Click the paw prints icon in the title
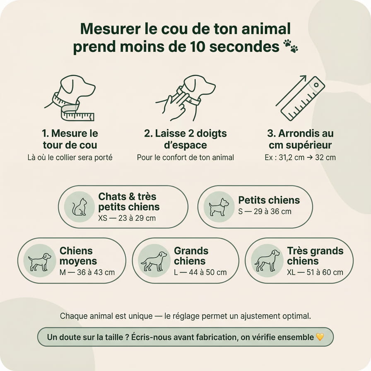pyautogui.click(x=291, y=46)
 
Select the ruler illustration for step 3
pyautogui.click(x=303, y=99)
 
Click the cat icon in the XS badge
pyautogui.click(x=79, y=207)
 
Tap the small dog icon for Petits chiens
pyautogui.click(x=219, y=207)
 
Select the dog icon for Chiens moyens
pyautogui.click(x=40, y=261)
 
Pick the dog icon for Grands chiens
pyautogui.click(x=154, y=261)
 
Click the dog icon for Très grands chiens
pyautogui.click(x=267, y=261)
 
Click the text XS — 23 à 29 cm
pyautogui.click(x=127, y=218)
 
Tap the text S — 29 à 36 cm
pyautogui.click(x=265, y=211)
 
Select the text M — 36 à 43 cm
pyautogui.click(x=87, y=272)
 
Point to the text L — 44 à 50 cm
pyautogui.click(x=200, y=272)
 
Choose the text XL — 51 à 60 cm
pyautogui.click(x=315, y=272)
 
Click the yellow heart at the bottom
pyautogui.click(x=320, y=337)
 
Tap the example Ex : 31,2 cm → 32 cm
pyautogui.click(x=300, y=158)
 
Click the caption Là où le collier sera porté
pyautogui.click(x=70, y=158)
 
